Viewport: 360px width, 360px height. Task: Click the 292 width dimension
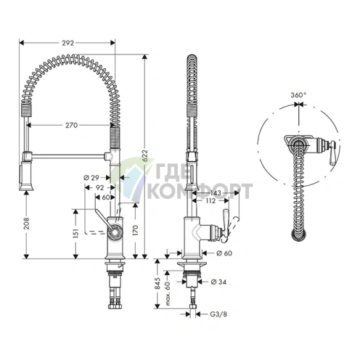click(x=67, y=43)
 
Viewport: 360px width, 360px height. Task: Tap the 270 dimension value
click(x=72, y=125)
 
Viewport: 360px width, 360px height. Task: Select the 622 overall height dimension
click(x=144, y=155)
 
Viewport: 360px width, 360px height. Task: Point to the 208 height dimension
click(x=27, y=224)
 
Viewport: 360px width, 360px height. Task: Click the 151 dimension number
click(x=76, y=233)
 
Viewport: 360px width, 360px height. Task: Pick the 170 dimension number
click(x=136, y=230)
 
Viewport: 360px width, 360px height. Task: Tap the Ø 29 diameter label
click(x=91, y=178)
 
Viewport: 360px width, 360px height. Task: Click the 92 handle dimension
click(x=99, y=187)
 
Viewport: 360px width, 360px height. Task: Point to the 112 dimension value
click(x=210, y=201)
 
